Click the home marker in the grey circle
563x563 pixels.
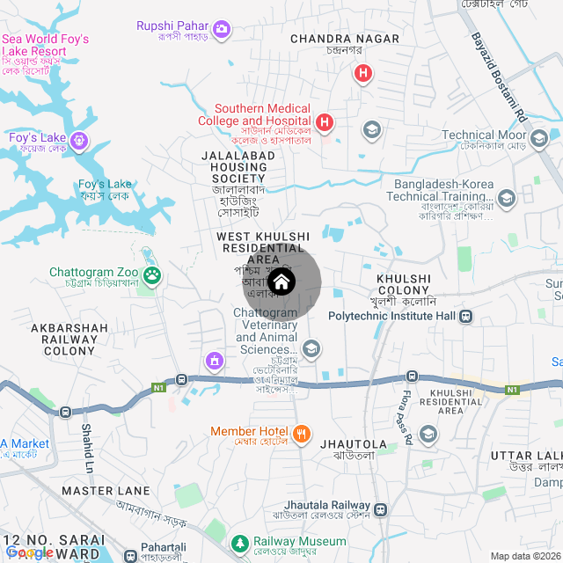281,282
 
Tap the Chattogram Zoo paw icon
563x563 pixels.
153,275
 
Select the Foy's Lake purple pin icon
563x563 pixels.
80,140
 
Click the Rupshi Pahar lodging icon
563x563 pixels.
223,30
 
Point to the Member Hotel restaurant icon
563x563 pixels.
301,432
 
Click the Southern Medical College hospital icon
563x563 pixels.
324,121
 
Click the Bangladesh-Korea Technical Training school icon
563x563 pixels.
506,198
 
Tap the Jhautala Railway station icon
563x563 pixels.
380,509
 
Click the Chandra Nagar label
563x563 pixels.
333,39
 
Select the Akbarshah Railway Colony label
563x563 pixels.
69,339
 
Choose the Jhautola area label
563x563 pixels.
355,444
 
